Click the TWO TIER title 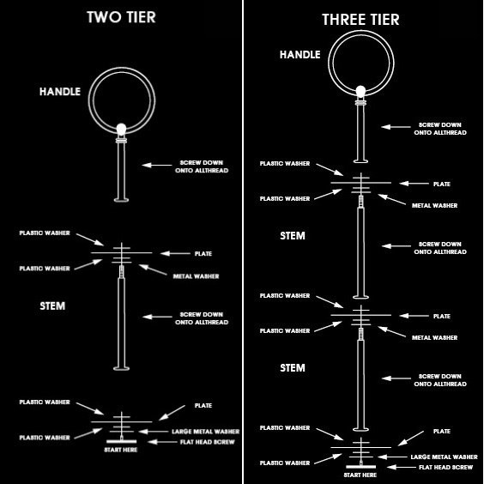click(121, 17)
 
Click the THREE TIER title click(360, 20)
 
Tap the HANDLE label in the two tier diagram click(60, 91)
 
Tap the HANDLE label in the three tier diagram click(299, 55)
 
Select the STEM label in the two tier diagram click(52, 306)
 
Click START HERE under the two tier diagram click(121, 450)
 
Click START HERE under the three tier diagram click(360, 475)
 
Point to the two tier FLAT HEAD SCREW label click(208, 442)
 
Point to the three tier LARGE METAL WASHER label click(444, 457)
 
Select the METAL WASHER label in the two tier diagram click(196, 276)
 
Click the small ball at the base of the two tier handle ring click(121, 129)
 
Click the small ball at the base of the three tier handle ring click(360, 92)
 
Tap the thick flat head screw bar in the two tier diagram click(121, 442)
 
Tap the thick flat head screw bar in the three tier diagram click(360, 467)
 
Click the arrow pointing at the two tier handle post click(157, 165)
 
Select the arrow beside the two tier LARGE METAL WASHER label click(154, 432)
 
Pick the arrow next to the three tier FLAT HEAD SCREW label click(402, 467)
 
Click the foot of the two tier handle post click(121, 200)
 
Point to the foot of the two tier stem click(121, 368)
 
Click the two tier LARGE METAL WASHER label click(206, 432)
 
